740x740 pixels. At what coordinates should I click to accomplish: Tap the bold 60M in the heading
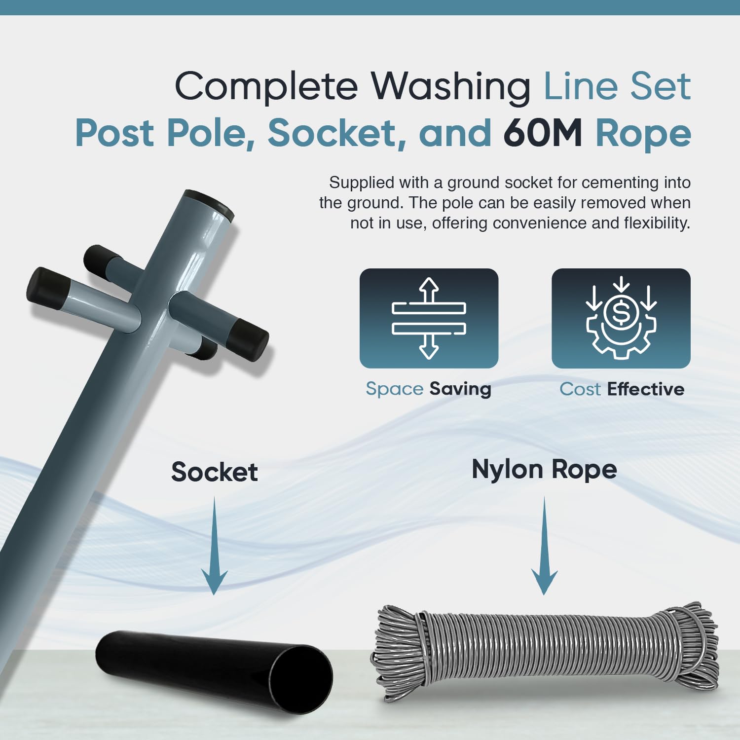[543, 133]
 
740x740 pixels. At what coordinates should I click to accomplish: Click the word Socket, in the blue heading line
[337, 133]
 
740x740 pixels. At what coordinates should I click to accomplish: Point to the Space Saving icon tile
[429, 318]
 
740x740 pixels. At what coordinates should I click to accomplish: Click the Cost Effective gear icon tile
[621, 318]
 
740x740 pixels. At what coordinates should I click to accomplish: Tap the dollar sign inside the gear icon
[621, 313]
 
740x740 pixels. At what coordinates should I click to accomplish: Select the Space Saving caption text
[428, 389]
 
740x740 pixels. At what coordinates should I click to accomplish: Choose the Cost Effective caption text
[622, 389]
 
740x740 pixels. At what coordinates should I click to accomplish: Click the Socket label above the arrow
[214, 472]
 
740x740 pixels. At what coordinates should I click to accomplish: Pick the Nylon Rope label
[544, 469]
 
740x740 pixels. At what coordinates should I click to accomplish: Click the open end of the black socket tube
[301, 679]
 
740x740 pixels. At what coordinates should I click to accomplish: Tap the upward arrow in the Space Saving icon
[429, 289]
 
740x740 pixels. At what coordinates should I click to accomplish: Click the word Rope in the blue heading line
[643, 133]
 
